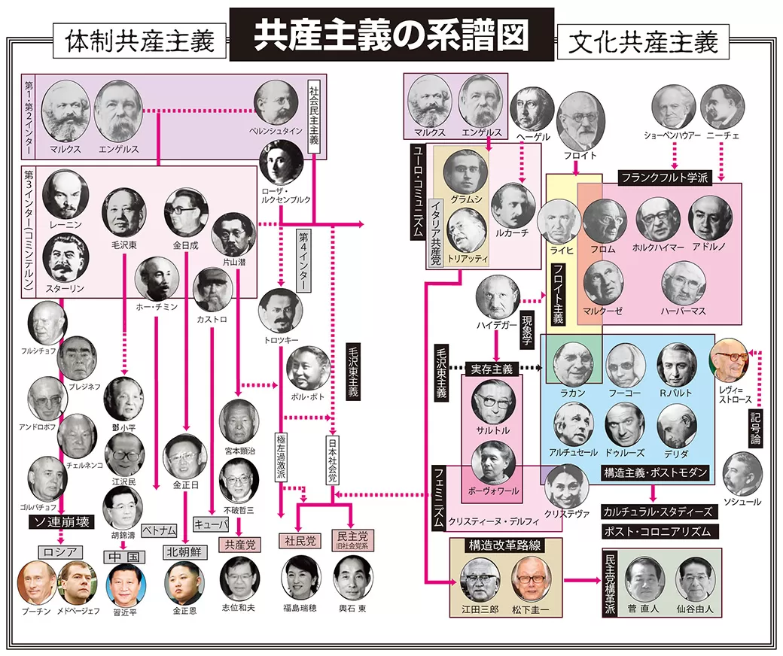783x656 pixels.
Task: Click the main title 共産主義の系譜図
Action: (391, 34)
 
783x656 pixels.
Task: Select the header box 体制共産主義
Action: (140, 41)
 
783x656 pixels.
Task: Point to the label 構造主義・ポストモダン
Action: (655, 472)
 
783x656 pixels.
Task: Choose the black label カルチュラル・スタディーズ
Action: (658, 511)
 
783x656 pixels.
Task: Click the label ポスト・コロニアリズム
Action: (658, 531)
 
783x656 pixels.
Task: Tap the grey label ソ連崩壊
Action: (60, 521)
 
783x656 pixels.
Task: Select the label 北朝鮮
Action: (184, 551)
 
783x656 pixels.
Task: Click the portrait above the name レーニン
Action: (65, 193)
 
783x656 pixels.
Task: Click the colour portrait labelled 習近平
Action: (126, 584)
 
